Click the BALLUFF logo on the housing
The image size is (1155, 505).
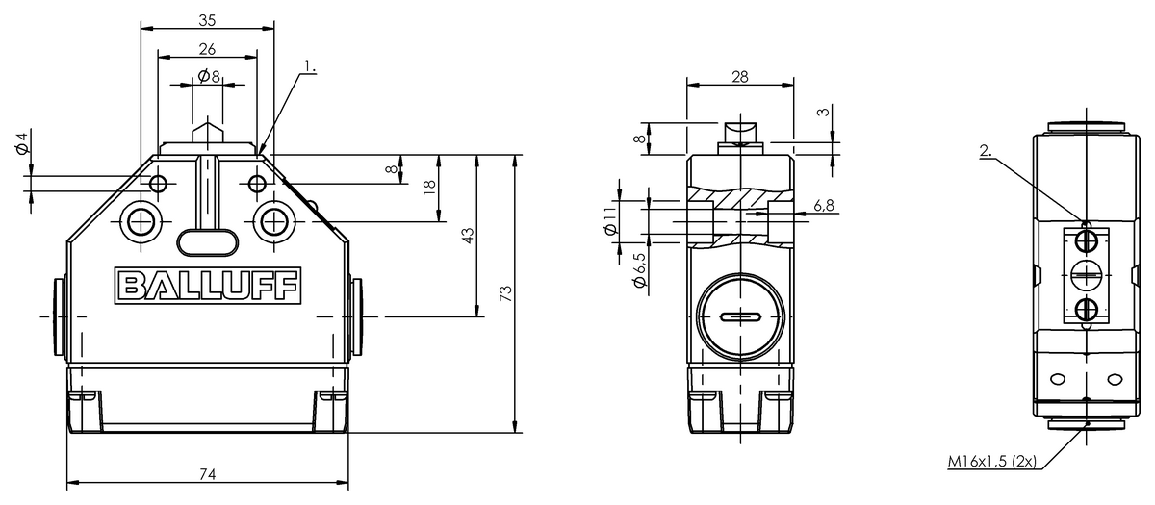(207, 286)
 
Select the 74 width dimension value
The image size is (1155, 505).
(207, 473)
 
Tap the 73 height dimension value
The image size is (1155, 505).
(506, 293)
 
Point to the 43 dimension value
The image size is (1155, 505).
(468, 236)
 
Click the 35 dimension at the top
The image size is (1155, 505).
(207, 20)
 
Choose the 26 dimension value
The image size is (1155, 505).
(207, 49)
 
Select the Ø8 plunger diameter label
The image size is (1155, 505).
(209, 76)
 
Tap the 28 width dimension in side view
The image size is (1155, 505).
(740, 77)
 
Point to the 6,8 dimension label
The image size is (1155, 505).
(824, 206)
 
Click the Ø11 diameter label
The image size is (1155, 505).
(610, 221)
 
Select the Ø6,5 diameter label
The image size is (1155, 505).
(639, 270)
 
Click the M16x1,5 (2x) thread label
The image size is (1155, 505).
(992, 461)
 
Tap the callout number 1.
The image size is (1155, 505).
(310, 66)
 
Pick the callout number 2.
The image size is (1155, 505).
(986, 151)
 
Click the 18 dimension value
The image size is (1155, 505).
(429, 187)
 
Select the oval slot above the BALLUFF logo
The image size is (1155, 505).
(208, 242)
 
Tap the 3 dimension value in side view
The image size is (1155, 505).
(825, 112)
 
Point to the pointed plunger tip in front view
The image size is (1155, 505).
(208, 117)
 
